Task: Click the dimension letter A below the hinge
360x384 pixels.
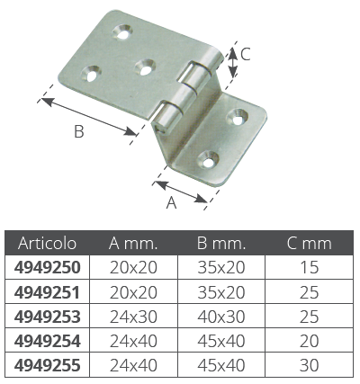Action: pos(171,203)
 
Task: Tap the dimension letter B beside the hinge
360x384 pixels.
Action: pos(79,131)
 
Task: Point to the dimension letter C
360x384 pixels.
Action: pos(246,55)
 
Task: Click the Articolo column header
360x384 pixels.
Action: pos(47,243)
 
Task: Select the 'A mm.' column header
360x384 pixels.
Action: pos(133,244)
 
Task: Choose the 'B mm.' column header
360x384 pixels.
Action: pos(221,244)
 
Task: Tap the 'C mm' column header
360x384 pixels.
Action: pos(309,244)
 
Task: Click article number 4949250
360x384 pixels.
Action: pos(48,267)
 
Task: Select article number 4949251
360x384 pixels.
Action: pos(48,292)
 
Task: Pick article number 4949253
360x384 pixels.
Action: pos(48,317)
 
